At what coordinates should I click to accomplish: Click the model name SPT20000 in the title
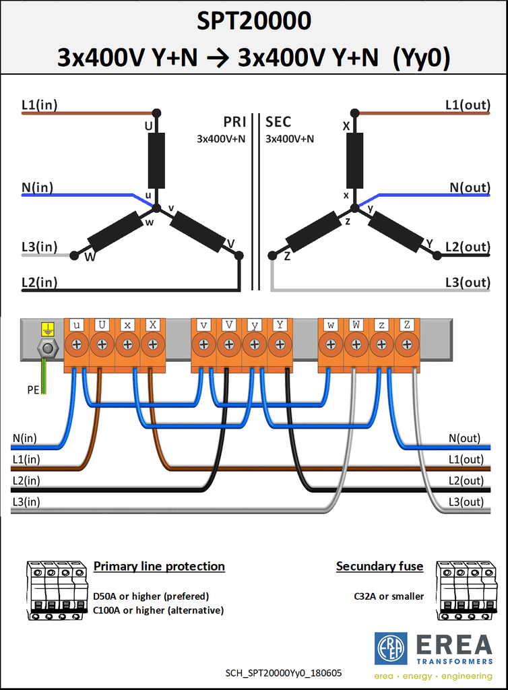(x=254, y=21)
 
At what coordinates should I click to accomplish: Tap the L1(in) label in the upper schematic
(x=40, y=104)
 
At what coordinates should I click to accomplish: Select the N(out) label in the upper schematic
(x=470, y=187)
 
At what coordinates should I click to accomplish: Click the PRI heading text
(x=234, y=122)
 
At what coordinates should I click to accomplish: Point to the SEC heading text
(x=278, y=122)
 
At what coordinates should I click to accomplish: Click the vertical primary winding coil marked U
(x=156, y=160)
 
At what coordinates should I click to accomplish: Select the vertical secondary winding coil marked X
(x=354, y=160)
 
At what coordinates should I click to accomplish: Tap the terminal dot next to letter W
(x=75, y=255)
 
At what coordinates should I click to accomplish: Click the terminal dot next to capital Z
(x=273, y=255)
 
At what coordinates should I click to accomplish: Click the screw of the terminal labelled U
(x=102, y=344)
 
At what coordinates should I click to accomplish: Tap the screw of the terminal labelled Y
(x=280, y=344)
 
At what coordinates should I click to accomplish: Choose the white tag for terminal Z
(x=407, y=325)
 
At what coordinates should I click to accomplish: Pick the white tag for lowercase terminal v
(x=203, y=325)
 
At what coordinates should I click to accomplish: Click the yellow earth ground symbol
(x=48, y=329)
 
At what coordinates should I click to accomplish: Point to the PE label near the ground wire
(x=33, y=390)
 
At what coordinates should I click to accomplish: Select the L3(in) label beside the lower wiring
(x=26, y=501)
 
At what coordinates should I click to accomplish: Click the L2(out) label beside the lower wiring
(x=466, y=480)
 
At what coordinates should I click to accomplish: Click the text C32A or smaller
(x=389, y=596)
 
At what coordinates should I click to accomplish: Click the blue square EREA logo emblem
(x=391, y=649)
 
